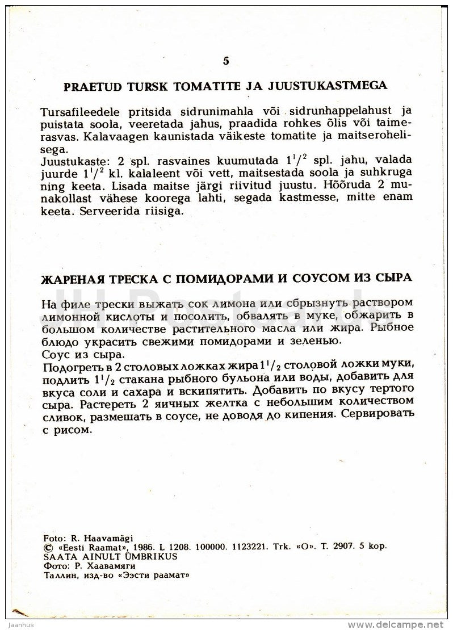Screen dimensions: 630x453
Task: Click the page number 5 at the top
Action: click(x=226, y=61)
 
